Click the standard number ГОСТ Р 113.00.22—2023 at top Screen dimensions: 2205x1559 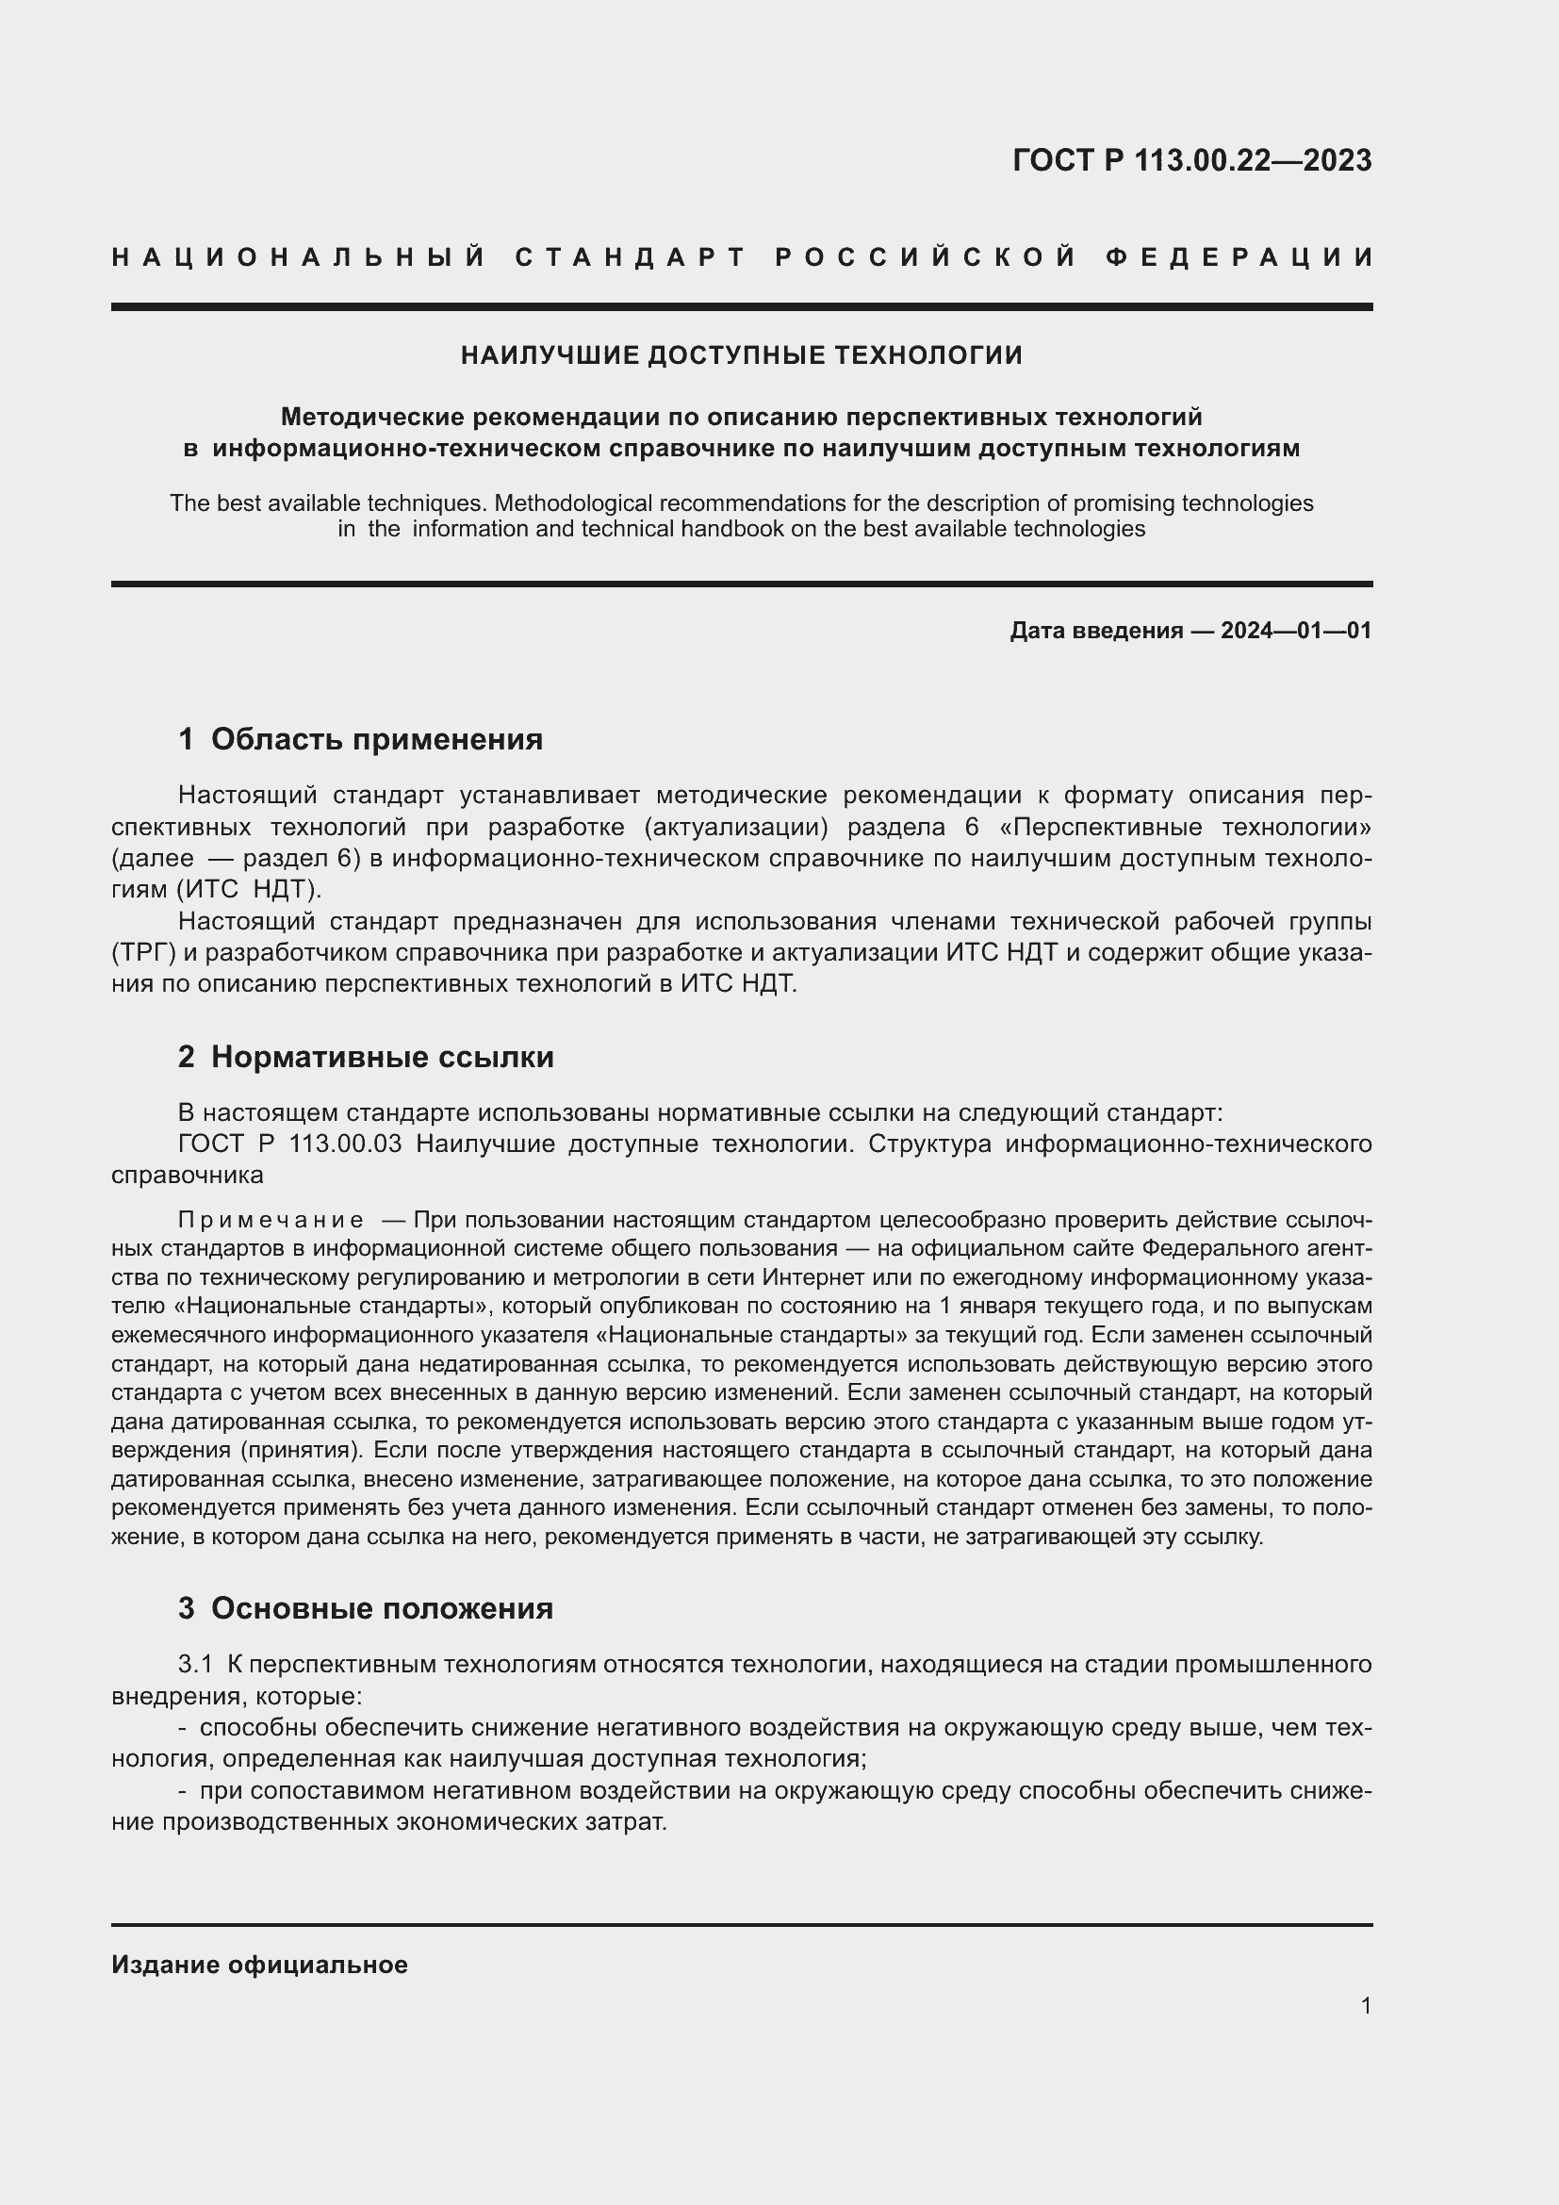click(1191, 160)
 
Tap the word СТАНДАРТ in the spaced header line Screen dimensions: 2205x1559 click(631, 257)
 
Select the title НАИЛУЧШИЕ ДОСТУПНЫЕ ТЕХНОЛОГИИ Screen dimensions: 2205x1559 click(741, 356)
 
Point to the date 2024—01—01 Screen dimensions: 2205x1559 click(1295, 631)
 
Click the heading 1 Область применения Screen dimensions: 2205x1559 click(360, 739)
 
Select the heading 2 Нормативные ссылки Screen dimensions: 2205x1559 click(366, 1058)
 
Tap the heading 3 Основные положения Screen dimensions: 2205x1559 click(365, 1608)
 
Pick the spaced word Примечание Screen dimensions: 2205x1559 click(271, 1221)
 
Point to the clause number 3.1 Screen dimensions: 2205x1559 click(195, 1664)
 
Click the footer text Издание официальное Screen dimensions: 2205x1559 click(259, 1965)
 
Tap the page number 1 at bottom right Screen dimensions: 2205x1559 click(1365, 2006)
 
